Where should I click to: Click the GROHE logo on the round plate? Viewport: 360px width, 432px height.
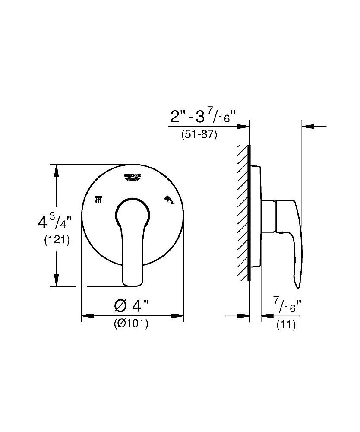pos(133,177)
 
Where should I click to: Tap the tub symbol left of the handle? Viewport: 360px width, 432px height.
pos(98,199)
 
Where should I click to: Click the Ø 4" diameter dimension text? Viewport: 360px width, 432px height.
pos(132,307)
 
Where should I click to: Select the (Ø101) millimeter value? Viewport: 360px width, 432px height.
pos(131,324)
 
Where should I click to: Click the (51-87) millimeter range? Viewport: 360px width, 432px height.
pos(199,135)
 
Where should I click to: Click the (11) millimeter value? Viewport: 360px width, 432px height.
pos(286,325)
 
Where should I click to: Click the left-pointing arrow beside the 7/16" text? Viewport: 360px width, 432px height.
pos(267,316)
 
